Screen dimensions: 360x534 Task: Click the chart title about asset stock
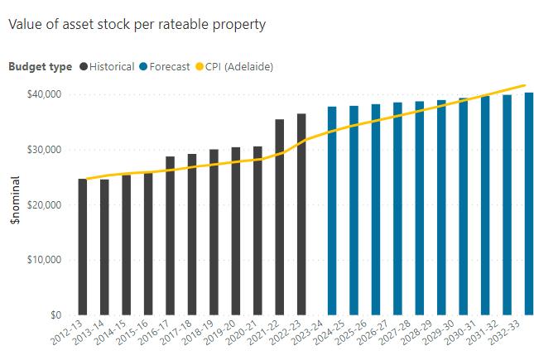(x=137, y=24)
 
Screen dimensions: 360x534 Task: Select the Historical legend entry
(x=112, y=66)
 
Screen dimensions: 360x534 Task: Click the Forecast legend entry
(x=169, y=66)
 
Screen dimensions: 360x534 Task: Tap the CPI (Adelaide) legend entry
(x=238, y=66)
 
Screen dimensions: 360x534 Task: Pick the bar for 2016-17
(x=171, y=236)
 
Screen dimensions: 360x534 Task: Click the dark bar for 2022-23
(x=301, y=214)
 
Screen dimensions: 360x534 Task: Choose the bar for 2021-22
(x=280, y=217)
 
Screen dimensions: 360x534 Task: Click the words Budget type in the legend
(x=40, y=66)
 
